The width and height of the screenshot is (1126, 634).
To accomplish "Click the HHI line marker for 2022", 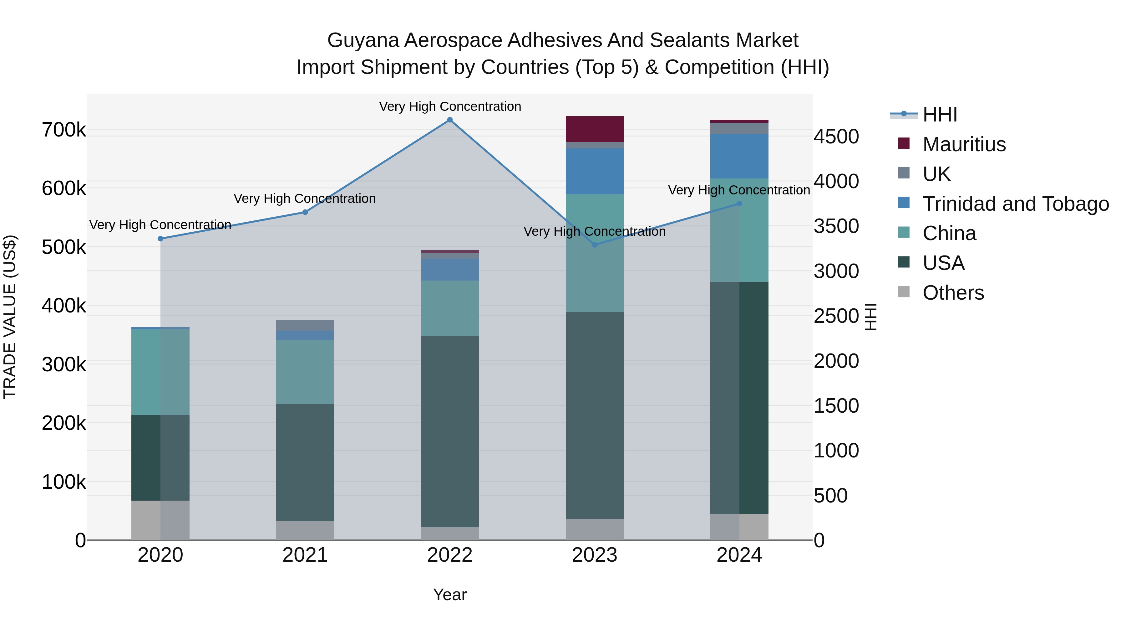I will (450, 120).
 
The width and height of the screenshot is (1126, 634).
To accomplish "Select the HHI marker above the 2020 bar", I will (160, 239).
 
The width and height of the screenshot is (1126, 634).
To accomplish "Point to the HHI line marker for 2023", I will (595, 245).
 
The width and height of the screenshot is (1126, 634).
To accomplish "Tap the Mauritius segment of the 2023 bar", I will (595, 129).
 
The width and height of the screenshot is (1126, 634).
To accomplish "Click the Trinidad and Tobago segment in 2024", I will (739, 156).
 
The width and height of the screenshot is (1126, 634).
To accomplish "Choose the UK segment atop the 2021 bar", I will (305, 325).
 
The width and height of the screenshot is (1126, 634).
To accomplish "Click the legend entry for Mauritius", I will (964, 144).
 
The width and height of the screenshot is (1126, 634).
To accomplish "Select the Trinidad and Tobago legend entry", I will (1015, 204).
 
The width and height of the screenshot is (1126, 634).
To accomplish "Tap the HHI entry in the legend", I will (940, 115).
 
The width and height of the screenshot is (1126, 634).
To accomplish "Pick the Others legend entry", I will (953, 293).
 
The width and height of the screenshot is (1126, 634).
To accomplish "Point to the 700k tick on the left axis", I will (64, 130).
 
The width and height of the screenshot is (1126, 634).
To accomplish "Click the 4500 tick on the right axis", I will (836, 137).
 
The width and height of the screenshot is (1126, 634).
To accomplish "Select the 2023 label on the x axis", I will (595, 555).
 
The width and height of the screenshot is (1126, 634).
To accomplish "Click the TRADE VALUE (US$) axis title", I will (10, 317).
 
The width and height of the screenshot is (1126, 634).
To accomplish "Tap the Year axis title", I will (450, 595).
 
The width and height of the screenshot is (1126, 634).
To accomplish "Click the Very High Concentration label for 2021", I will (305, 198).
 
